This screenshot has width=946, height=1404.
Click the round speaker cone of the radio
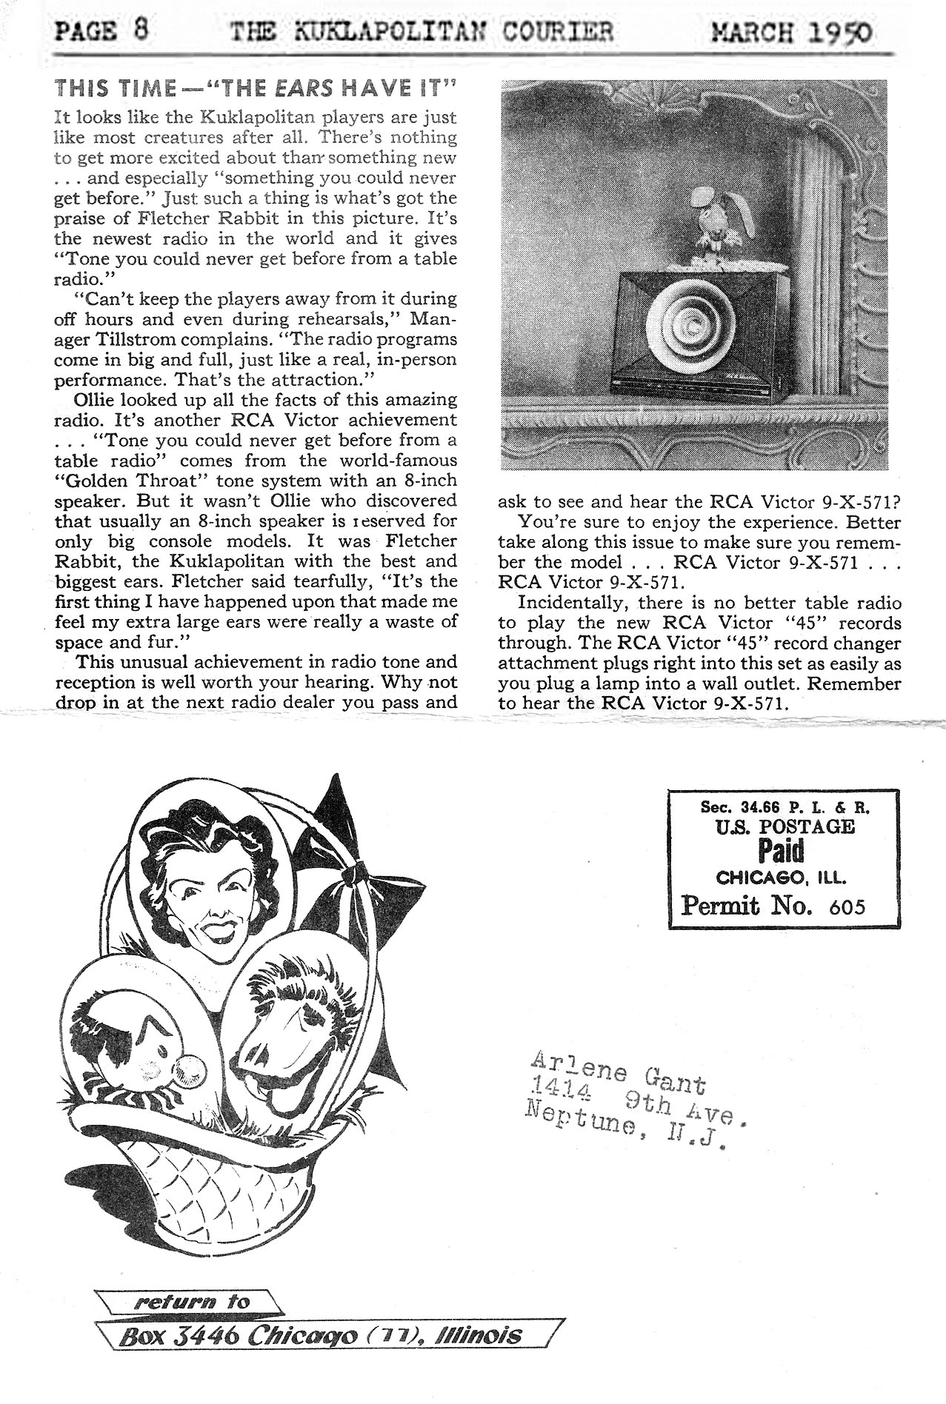(x=693, y=323)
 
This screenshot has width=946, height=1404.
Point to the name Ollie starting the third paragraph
(x=94, y=400)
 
